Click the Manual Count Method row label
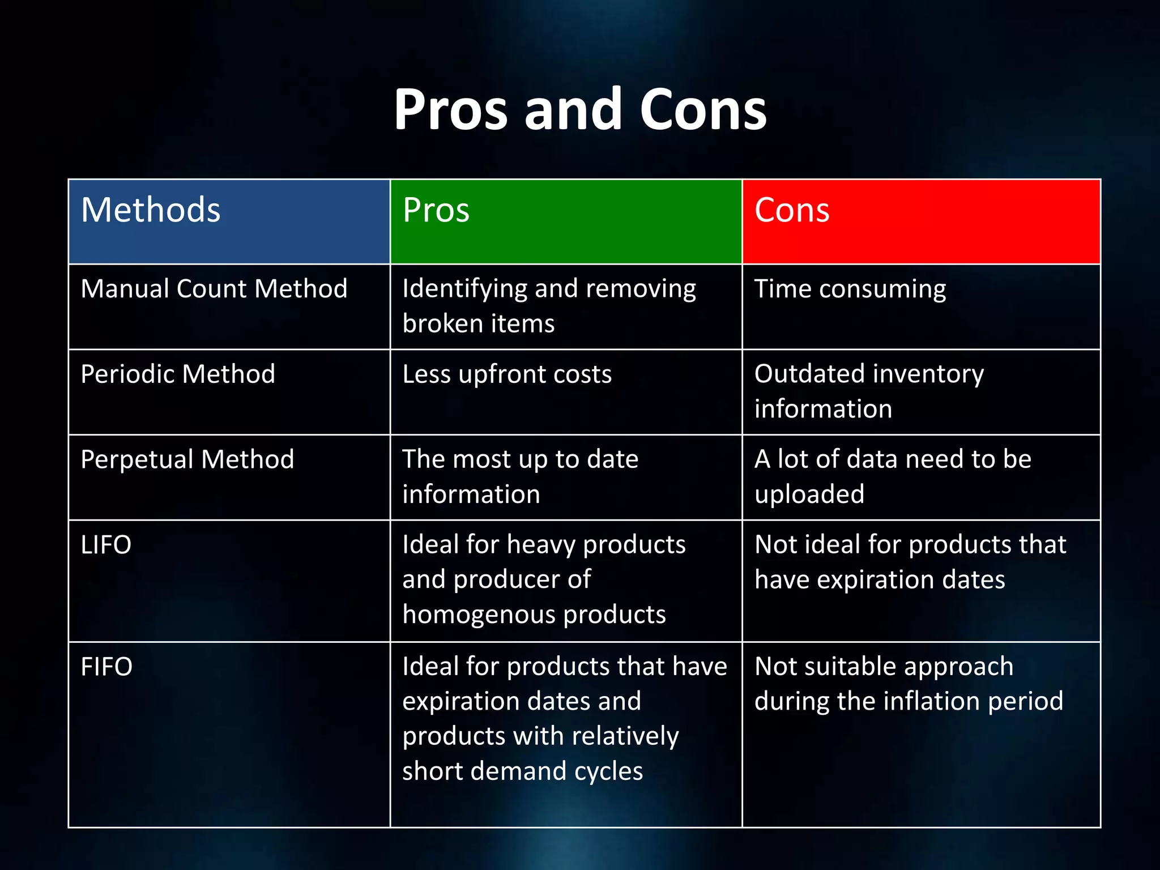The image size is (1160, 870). (214, 289)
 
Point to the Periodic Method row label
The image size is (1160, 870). (178, 374)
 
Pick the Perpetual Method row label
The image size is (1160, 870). (187, 459)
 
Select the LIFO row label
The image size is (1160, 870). (106, 545)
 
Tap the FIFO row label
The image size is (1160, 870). (106, 667)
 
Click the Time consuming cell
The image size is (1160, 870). (850, 289)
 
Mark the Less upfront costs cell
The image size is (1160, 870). (507, 374)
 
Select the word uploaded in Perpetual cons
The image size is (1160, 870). (809, 494)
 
